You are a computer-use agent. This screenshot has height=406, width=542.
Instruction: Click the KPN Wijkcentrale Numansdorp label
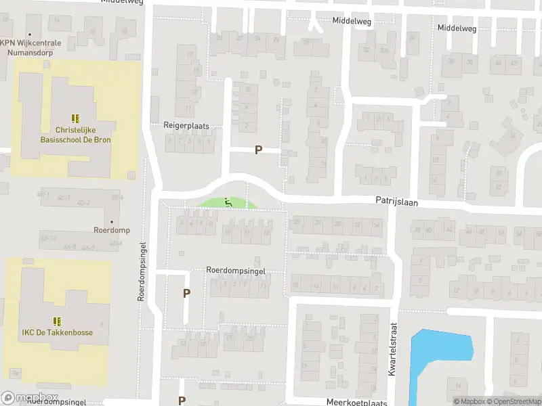click(x=30, y=47)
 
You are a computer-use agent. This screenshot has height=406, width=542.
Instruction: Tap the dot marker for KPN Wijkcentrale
click(x=30, y=34)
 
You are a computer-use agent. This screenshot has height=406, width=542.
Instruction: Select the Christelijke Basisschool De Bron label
click(x=75, y=135)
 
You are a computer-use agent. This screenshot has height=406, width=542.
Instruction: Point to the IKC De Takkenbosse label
click(x=57, y=332)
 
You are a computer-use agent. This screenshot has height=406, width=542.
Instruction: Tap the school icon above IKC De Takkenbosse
click(x=57, y=321)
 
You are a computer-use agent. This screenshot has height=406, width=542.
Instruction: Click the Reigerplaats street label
click(x=186, y=126)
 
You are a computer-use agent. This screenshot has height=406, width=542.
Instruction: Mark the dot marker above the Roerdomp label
click(x=111, y=221)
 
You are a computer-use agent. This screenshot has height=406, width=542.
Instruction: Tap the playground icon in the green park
click(x=228, y=201)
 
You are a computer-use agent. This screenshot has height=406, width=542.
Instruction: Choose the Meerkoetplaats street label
click(x=356, y=402)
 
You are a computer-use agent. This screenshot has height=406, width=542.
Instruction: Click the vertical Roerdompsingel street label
click(x=142, y=271)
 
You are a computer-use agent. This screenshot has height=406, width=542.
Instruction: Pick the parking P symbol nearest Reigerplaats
click(x=258, y=150)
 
